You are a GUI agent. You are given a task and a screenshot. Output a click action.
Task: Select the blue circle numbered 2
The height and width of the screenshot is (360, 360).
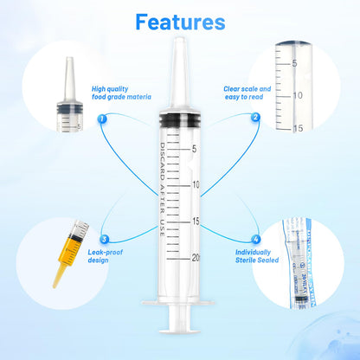tap(255, 118)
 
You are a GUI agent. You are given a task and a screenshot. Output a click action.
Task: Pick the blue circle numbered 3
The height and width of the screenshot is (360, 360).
tap(104, 239)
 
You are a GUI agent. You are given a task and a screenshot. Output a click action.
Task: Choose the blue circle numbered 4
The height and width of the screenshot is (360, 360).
tap(255, 239)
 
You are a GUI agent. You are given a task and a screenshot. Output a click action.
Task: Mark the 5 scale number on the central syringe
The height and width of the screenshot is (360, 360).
tap(195, 149)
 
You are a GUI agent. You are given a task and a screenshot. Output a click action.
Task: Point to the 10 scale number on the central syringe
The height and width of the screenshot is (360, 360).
tap(196, 185)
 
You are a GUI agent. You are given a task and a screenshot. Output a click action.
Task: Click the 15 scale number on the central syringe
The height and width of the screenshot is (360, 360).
tap(196, 222)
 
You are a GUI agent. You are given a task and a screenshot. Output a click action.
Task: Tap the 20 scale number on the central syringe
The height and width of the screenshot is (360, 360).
tap(196, 258)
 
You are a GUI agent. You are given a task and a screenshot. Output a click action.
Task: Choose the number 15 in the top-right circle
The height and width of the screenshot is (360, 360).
tap(297, 130)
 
